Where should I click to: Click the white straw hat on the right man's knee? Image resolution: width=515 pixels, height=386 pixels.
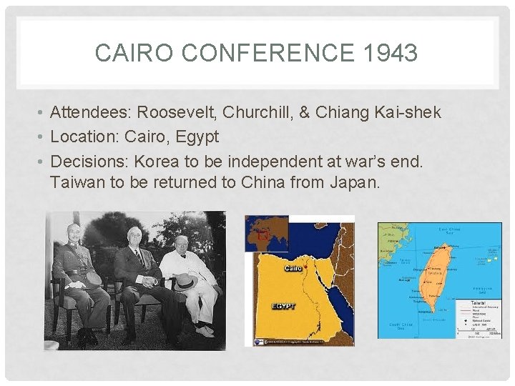[x=185, y=281]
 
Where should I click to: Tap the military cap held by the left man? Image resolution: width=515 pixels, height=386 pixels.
[x=92, y=278]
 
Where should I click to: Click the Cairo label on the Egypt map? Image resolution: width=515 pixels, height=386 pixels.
[x=293, y=268]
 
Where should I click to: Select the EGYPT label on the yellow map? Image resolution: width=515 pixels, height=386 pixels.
[x=283, y=307]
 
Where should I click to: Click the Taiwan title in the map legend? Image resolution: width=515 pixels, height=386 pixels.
[x=469, y=303]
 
